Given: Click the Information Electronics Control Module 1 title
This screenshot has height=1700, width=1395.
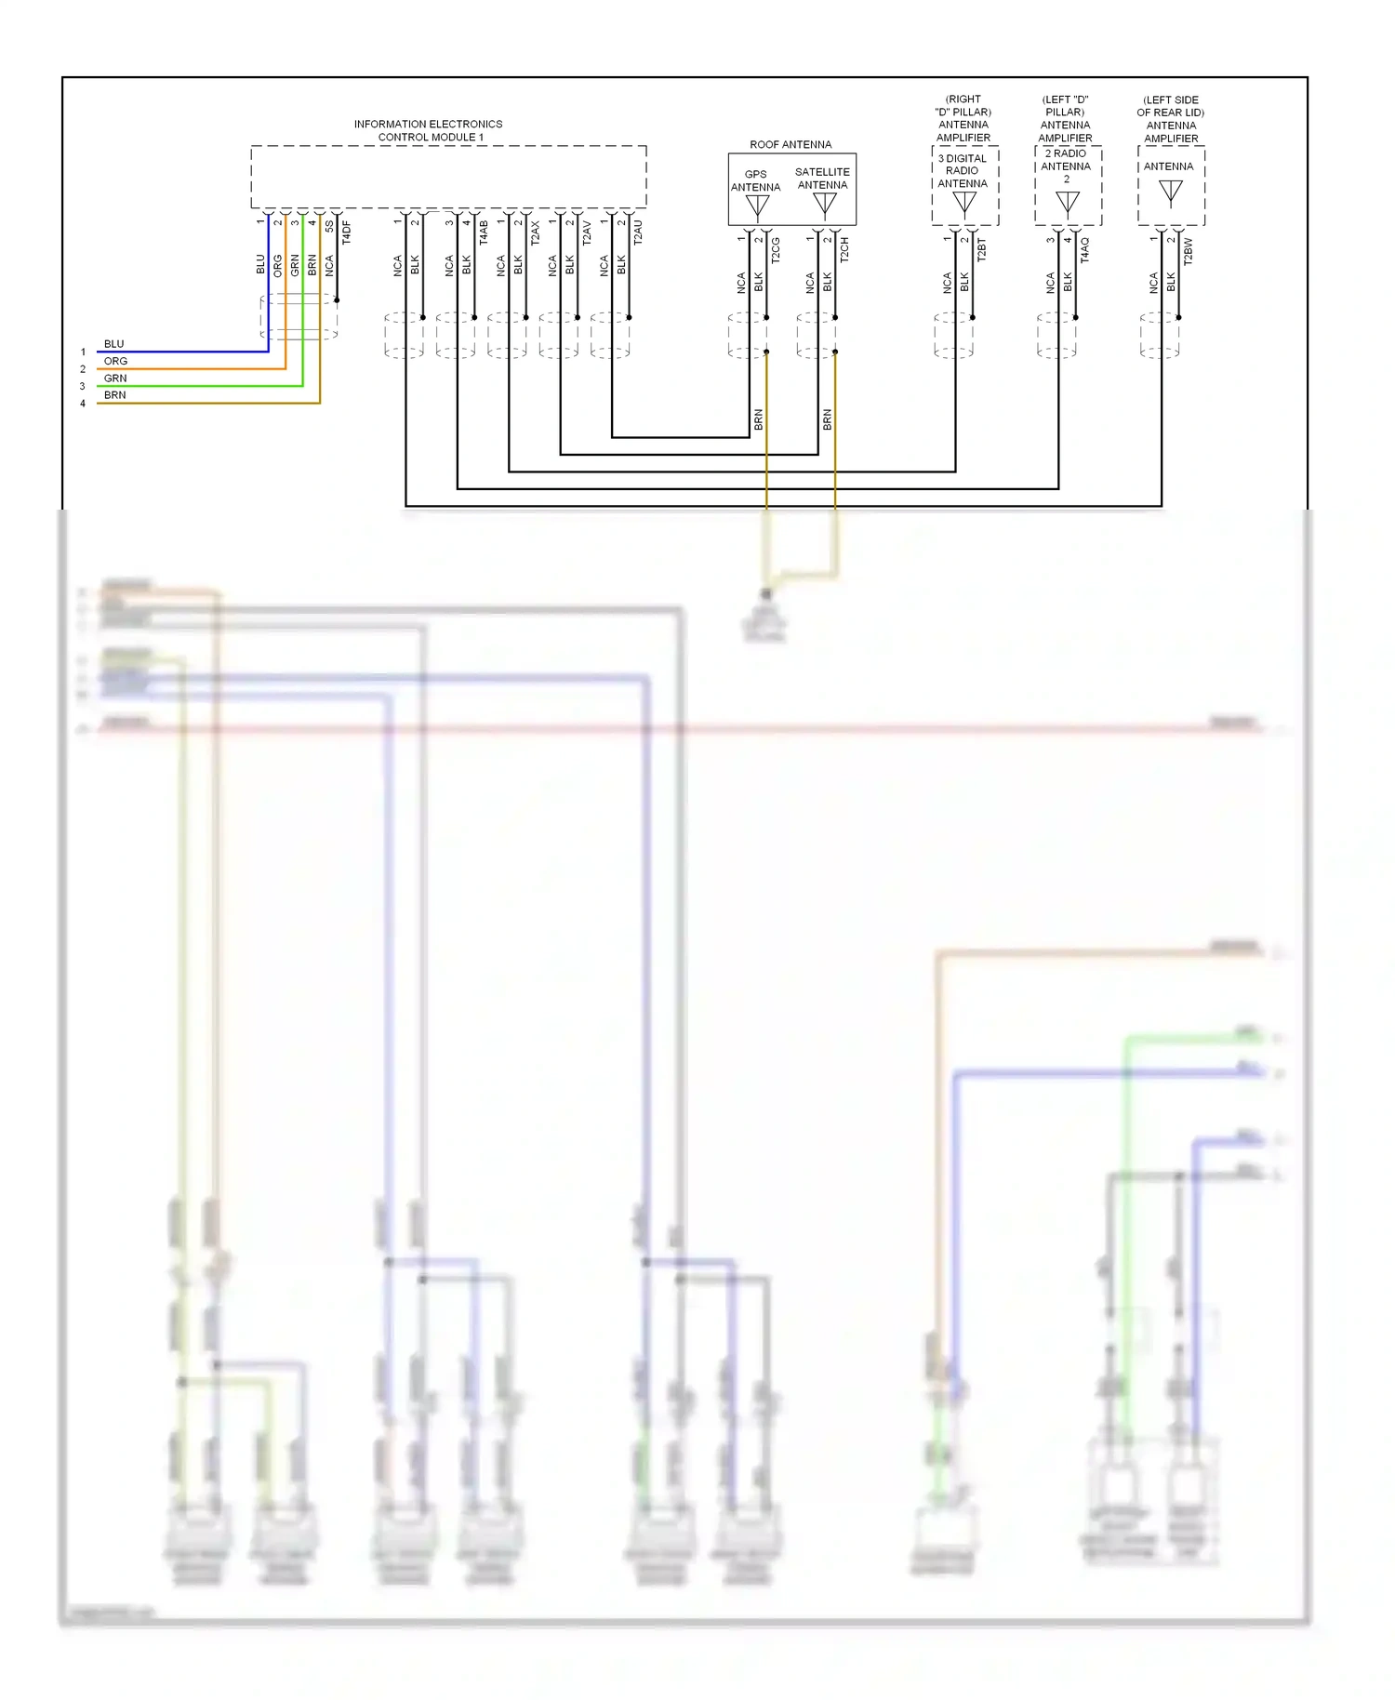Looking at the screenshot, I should (x=428, y=130).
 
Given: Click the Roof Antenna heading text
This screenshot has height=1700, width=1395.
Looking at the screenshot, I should (x=790, y=144).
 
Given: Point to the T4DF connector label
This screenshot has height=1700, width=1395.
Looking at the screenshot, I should (x=347, y=232).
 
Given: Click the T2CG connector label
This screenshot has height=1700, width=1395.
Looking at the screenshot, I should (x=776, y=250).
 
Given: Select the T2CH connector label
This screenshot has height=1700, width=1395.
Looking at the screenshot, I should (x=844, y=250).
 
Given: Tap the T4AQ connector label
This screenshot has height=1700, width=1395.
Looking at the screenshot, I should (x=1084, y=250).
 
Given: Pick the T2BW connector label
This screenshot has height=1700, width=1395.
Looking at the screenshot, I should (x=1188, y=252).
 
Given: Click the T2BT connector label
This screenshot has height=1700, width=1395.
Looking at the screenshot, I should (x=981, y=250).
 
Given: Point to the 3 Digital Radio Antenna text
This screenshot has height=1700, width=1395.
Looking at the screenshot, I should (x=963, y=171).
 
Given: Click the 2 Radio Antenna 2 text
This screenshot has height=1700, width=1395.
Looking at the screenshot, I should (x=1066, y=166).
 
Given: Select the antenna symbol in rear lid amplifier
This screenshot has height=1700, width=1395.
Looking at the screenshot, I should (x=1171, y=192).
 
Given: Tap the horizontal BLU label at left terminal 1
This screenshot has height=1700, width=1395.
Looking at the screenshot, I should (x=114, y=344).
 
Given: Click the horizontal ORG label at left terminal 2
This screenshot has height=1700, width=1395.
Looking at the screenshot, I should (x=115, y=361).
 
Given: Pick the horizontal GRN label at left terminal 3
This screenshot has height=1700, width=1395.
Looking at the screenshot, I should (x=115, y=379).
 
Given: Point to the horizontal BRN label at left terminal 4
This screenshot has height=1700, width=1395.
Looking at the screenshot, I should (x=115, y=395).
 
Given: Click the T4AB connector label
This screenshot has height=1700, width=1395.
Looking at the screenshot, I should (x=484, y=232).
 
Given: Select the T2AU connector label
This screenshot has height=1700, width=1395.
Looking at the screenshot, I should (x=638, y=232).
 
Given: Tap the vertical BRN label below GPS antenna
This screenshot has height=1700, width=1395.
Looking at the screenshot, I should (x=758, y=419).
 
